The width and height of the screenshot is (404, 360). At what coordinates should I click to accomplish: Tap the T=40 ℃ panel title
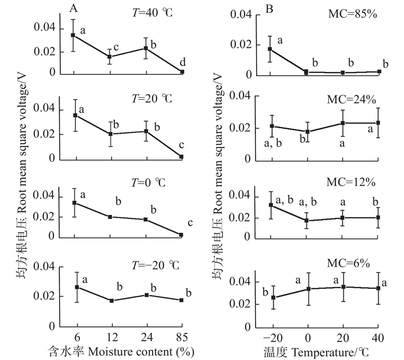pyautogui.click(x=151, y=13)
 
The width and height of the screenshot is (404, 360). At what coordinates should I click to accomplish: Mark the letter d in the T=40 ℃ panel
pyautogui.click(x=183, y=63)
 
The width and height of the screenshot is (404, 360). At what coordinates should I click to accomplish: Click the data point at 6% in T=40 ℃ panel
pyautogui.click(x=73, y=35)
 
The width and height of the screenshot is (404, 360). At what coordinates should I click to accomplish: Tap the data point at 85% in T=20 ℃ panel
pyautogui.click(x=182, y=157)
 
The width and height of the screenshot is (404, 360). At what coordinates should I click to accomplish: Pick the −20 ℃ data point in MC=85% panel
pyautogui.click(x=270, y=49)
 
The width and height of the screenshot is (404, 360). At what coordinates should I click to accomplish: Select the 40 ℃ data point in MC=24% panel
pyautogui.click(x=379, y=123)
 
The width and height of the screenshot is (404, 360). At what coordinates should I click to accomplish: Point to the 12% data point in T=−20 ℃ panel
pyautogui.click(x=111, y=301)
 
